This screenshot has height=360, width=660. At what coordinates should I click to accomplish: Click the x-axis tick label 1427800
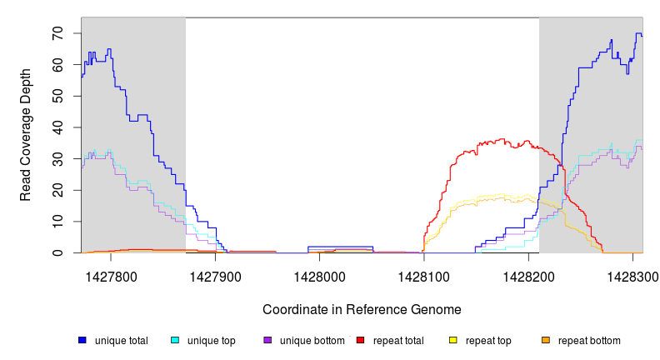click(112, 276)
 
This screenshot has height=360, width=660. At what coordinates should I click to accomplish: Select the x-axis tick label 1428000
click(320, 276)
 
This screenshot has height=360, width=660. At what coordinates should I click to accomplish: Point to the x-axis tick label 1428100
click(424, 276)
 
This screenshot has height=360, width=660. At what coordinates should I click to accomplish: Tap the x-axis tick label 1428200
click(528, 276)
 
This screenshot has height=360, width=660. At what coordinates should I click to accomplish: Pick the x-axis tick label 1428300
click(632, 276)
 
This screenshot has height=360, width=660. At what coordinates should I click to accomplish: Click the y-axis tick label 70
click(57, 33)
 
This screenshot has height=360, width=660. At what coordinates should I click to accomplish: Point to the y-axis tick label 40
click(57, 127)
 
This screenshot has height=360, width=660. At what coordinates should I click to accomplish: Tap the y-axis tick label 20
click(57, 190)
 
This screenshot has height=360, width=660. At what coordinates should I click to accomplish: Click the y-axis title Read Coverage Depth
click(26, 136)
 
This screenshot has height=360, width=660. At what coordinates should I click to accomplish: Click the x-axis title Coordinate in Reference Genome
click(362, 309)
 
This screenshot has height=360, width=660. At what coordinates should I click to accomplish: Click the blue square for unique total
click(82, 340)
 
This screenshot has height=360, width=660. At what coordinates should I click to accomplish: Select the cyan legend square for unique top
click(175, 340)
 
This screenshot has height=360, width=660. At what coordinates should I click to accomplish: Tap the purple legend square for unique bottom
click(267, 340)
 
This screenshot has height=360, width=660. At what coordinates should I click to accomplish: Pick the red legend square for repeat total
click(360, 340)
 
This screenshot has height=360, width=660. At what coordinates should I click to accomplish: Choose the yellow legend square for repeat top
click(452, 340)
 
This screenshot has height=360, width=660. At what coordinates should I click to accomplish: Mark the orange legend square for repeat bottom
click(545, 340)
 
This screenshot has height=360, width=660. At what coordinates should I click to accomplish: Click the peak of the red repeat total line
click(502, 139)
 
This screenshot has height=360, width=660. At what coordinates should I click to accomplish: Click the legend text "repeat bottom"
click(589, 340)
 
